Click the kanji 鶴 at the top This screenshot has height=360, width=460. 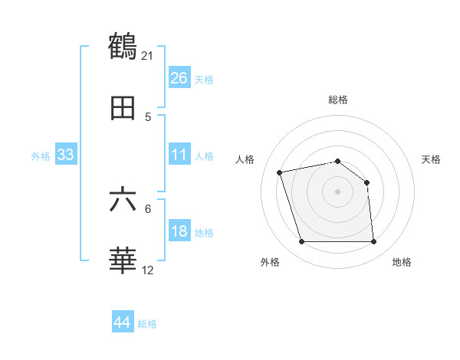tap(123, 46)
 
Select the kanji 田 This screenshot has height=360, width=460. tap(123, 109)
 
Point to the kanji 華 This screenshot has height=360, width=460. tap(123, 260)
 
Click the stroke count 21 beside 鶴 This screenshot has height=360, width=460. tap(147, 55)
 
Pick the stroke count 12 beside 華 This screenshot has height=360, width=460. tap(148, 270)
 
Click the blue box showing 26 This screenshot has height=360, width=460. tap(179, 78)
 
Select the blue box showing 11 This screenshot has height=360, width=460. tap(179, 155)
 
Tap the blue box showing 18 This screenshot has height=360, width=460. tap(179, 231)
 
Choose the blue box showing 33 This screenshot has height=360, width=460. tap(66, 155)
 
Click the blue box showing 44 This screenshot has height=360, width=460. tap(123, 322)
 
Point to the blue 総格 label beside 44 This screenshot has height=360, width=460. tap(147, 324)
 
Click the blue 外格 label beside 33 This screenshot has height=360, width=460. tap(41, 156)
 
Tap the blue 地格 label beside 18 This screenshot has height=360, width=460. tap(204, 233)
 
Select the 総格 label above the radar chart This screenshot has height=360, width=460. tap(337, 100)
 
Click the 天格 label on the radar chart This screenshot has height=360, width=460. tap(431, 159)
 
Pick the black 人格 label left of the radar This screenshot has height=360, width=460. tap(245, 159)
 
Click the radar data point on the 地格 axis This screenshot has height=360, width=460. tap(373, 242)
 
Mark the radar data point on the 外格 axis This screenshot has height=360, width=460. tap(301, 242)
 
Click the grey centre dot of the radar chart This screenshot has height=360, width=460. tap(337, 191)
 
